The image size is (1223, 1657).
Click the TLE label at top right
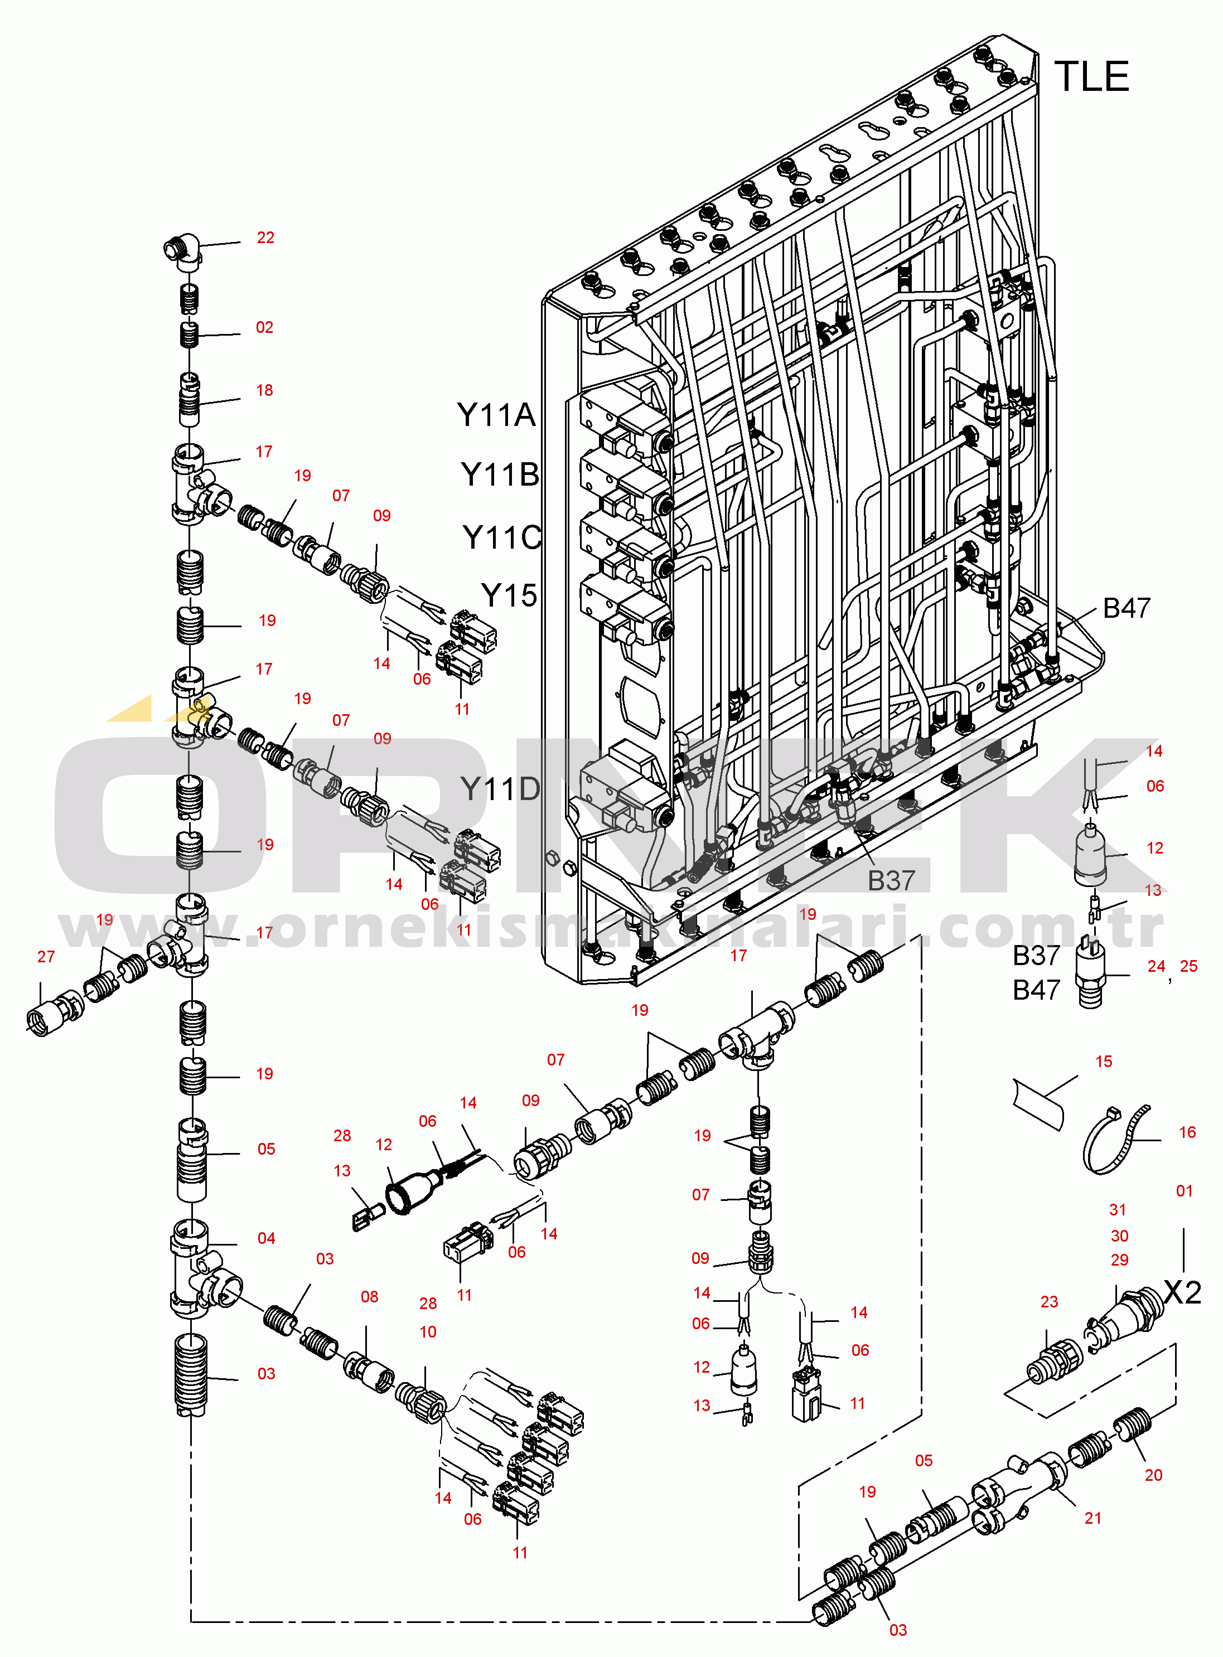coord(1092,77)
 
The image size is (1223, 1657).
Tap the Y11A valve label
coord(496,415)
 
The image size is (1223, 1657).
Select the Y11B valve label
coord(500,474)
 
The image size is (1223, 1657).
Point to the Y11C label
coord(502,537)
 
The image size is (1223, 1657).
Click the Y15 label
coord(509,595)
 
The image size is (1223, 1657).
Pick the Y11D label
coord(500,789)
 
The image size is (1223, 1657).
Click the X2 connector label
coord(1182,1293)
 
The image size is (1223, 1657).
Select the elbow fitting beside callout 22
coord(182,251)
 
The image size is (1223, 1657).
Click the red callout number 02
coord(264,327)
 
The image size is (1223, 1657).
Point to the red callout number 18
coord(264,390)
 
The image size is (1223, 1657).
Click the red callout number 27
coord(46,957)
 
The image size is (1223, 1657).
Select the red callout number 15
coord(1104,1061)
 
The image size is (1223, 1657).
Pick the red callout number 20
coord(1153,1475)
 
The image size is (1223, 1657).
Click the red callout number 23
coord(1049,1302)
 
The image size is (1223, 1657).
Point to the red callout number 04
coord(267,1238)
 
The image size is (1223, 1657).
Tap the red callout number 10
coord(428,1331)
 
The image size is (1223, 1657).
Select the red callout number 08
coord(369,1297)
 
